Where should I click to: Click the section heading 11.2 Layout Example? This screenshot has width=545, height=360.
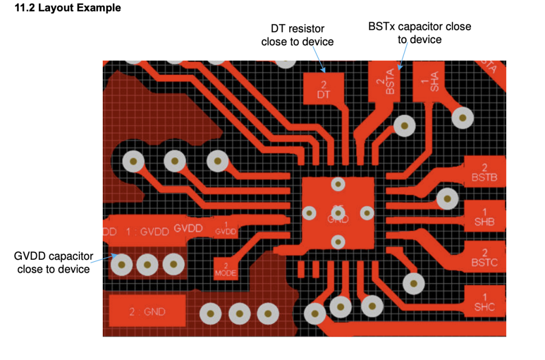coord(69,9)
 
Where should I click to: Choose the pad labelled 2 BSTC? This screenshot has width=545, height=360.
coord(484,257)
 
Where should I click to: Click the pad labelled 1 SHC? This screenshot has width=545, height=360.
coord(484,301)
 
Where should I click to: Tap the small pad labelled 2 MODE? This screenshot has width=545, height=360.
coord(225,269)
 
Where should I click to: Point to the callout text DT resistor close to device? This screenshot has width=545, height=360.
coord(297,35)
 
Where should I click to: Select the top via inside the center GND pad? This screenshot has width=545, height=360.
coord(337,184)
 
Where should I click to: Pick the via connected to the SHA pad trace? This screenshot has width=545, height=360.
coord(463,117)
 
